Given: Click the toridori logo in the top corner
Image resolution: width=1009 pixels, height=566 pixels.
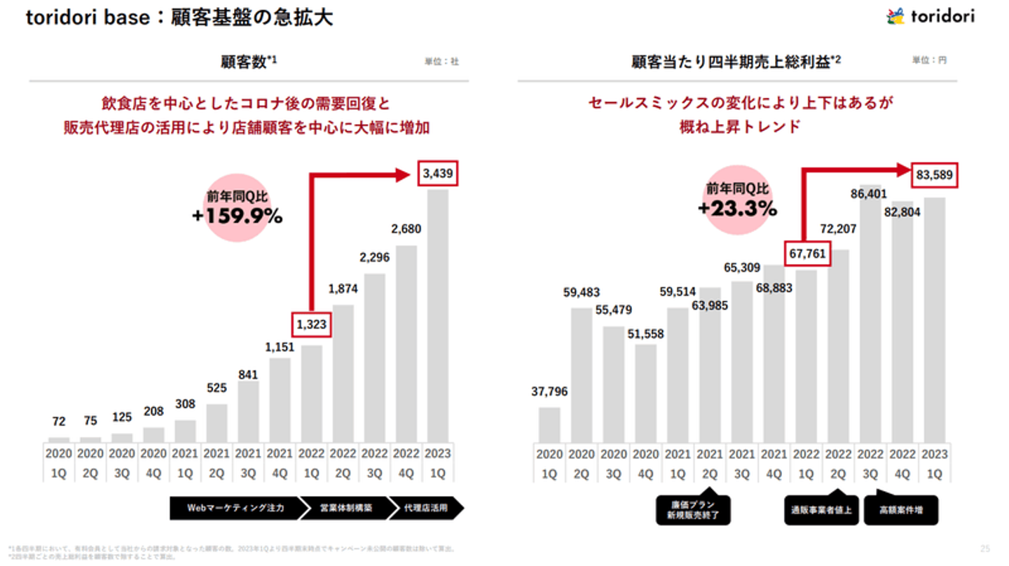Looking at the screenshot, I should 930,16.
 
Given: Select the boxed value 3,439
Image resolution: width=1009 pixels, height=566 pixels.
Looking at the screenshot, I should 437,174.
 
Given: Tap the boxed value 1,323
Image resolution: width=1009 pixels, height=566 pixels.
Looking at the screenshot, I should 311,324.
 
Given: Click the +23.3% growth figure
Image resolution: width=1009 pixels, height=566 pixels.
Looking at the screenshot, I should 737,208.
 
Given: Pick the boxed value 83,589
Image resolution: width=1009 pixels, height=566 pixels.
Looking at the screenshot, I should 934,175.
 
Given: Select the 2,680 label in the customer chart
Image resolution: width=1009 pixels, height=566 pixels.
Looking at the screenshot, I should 406,229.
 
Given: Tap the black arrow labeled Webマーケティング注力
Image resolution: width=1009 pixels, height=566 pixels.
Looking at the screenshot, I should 235,508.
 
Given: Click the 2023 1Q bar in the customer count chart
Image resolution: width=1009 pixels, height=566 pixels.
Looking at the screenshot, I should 437,315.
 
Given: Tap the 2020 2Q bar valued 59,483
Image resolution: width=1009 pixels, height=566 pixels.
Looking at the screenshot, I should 581,375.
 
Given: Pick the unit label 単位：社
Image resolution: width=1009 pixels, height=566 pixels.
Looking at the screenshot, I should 441,62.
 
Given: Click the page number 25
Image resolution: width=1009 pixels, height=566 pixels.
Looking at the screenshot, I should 986,548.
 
